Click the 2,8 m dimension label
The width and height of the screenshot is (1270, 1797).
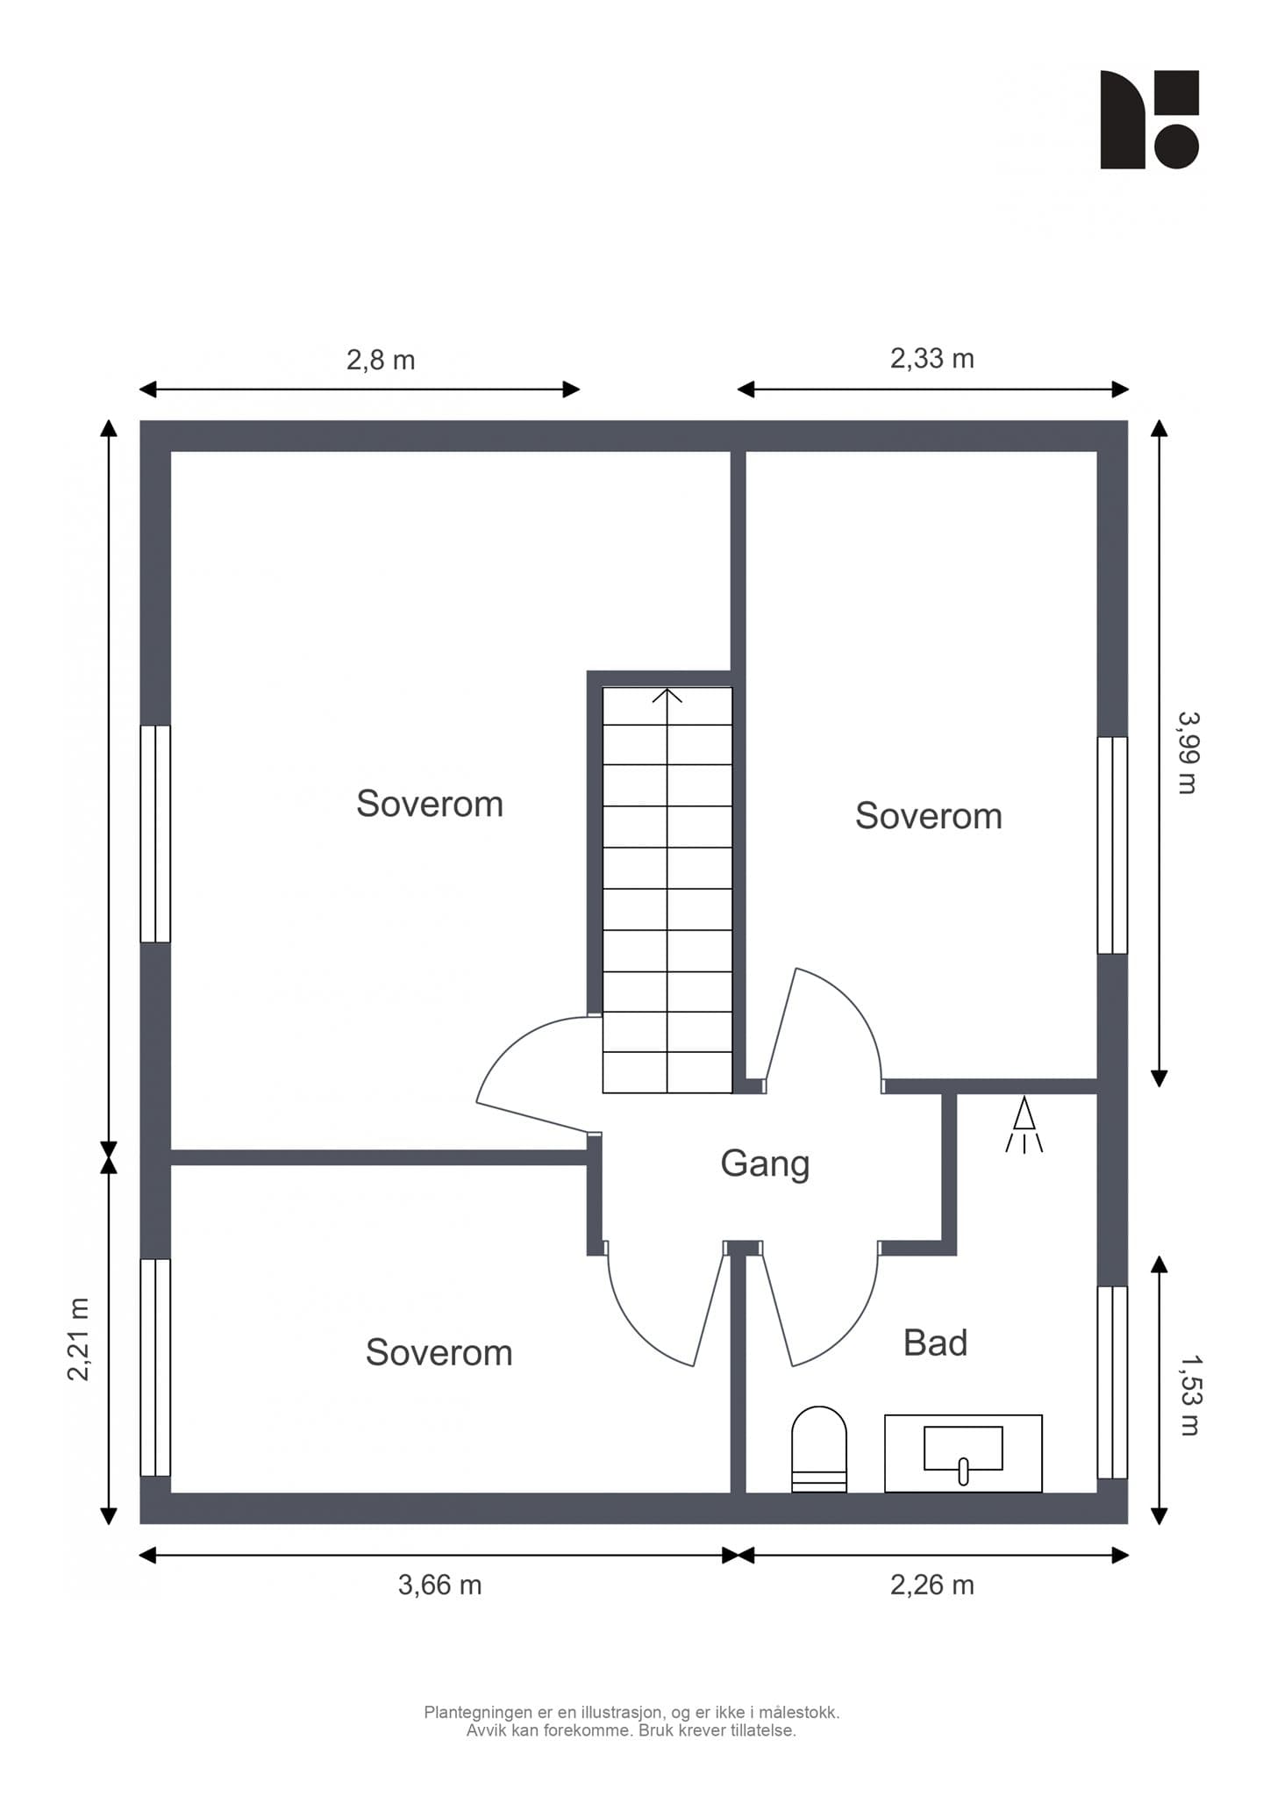tap(381, 361)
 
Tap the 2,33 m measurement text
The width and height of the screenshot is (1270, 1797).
tap(932, 359)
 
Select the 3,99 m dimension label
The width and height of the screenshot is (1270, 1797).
tap(1188, 752)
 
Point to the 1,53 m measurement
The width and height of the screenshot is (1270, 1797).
tap(1190, 1396)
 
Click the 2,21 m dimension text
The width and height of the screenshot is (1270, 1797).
tap(79, 1339)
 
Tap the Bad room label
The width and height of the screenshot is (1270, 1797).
tap(935, 1343)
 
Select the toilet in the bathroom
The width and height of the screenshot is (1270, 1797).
tap(819, 1449)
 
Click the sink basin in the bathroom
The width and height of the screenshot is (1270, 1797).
tap(963, 1450)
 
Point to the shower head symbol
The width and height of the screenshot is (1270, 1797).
tap(1024, 1125)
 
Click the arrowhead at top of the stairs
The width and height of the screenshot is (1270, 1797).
tap(667, 696)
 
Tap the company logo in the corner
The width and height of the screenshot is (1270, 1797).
tap(1150, 119)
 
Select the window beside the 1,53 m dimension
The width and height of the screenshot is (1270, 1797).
tap(1112, 1383)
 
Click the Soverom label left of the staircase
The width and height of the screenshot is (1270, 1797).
tap(430, 804)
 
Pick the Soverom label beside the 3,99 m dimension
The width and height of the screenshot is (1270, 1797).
tap(929, 816)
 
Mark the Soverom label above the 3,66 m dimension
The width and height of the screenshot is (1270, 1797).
tap(439, 1353)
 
